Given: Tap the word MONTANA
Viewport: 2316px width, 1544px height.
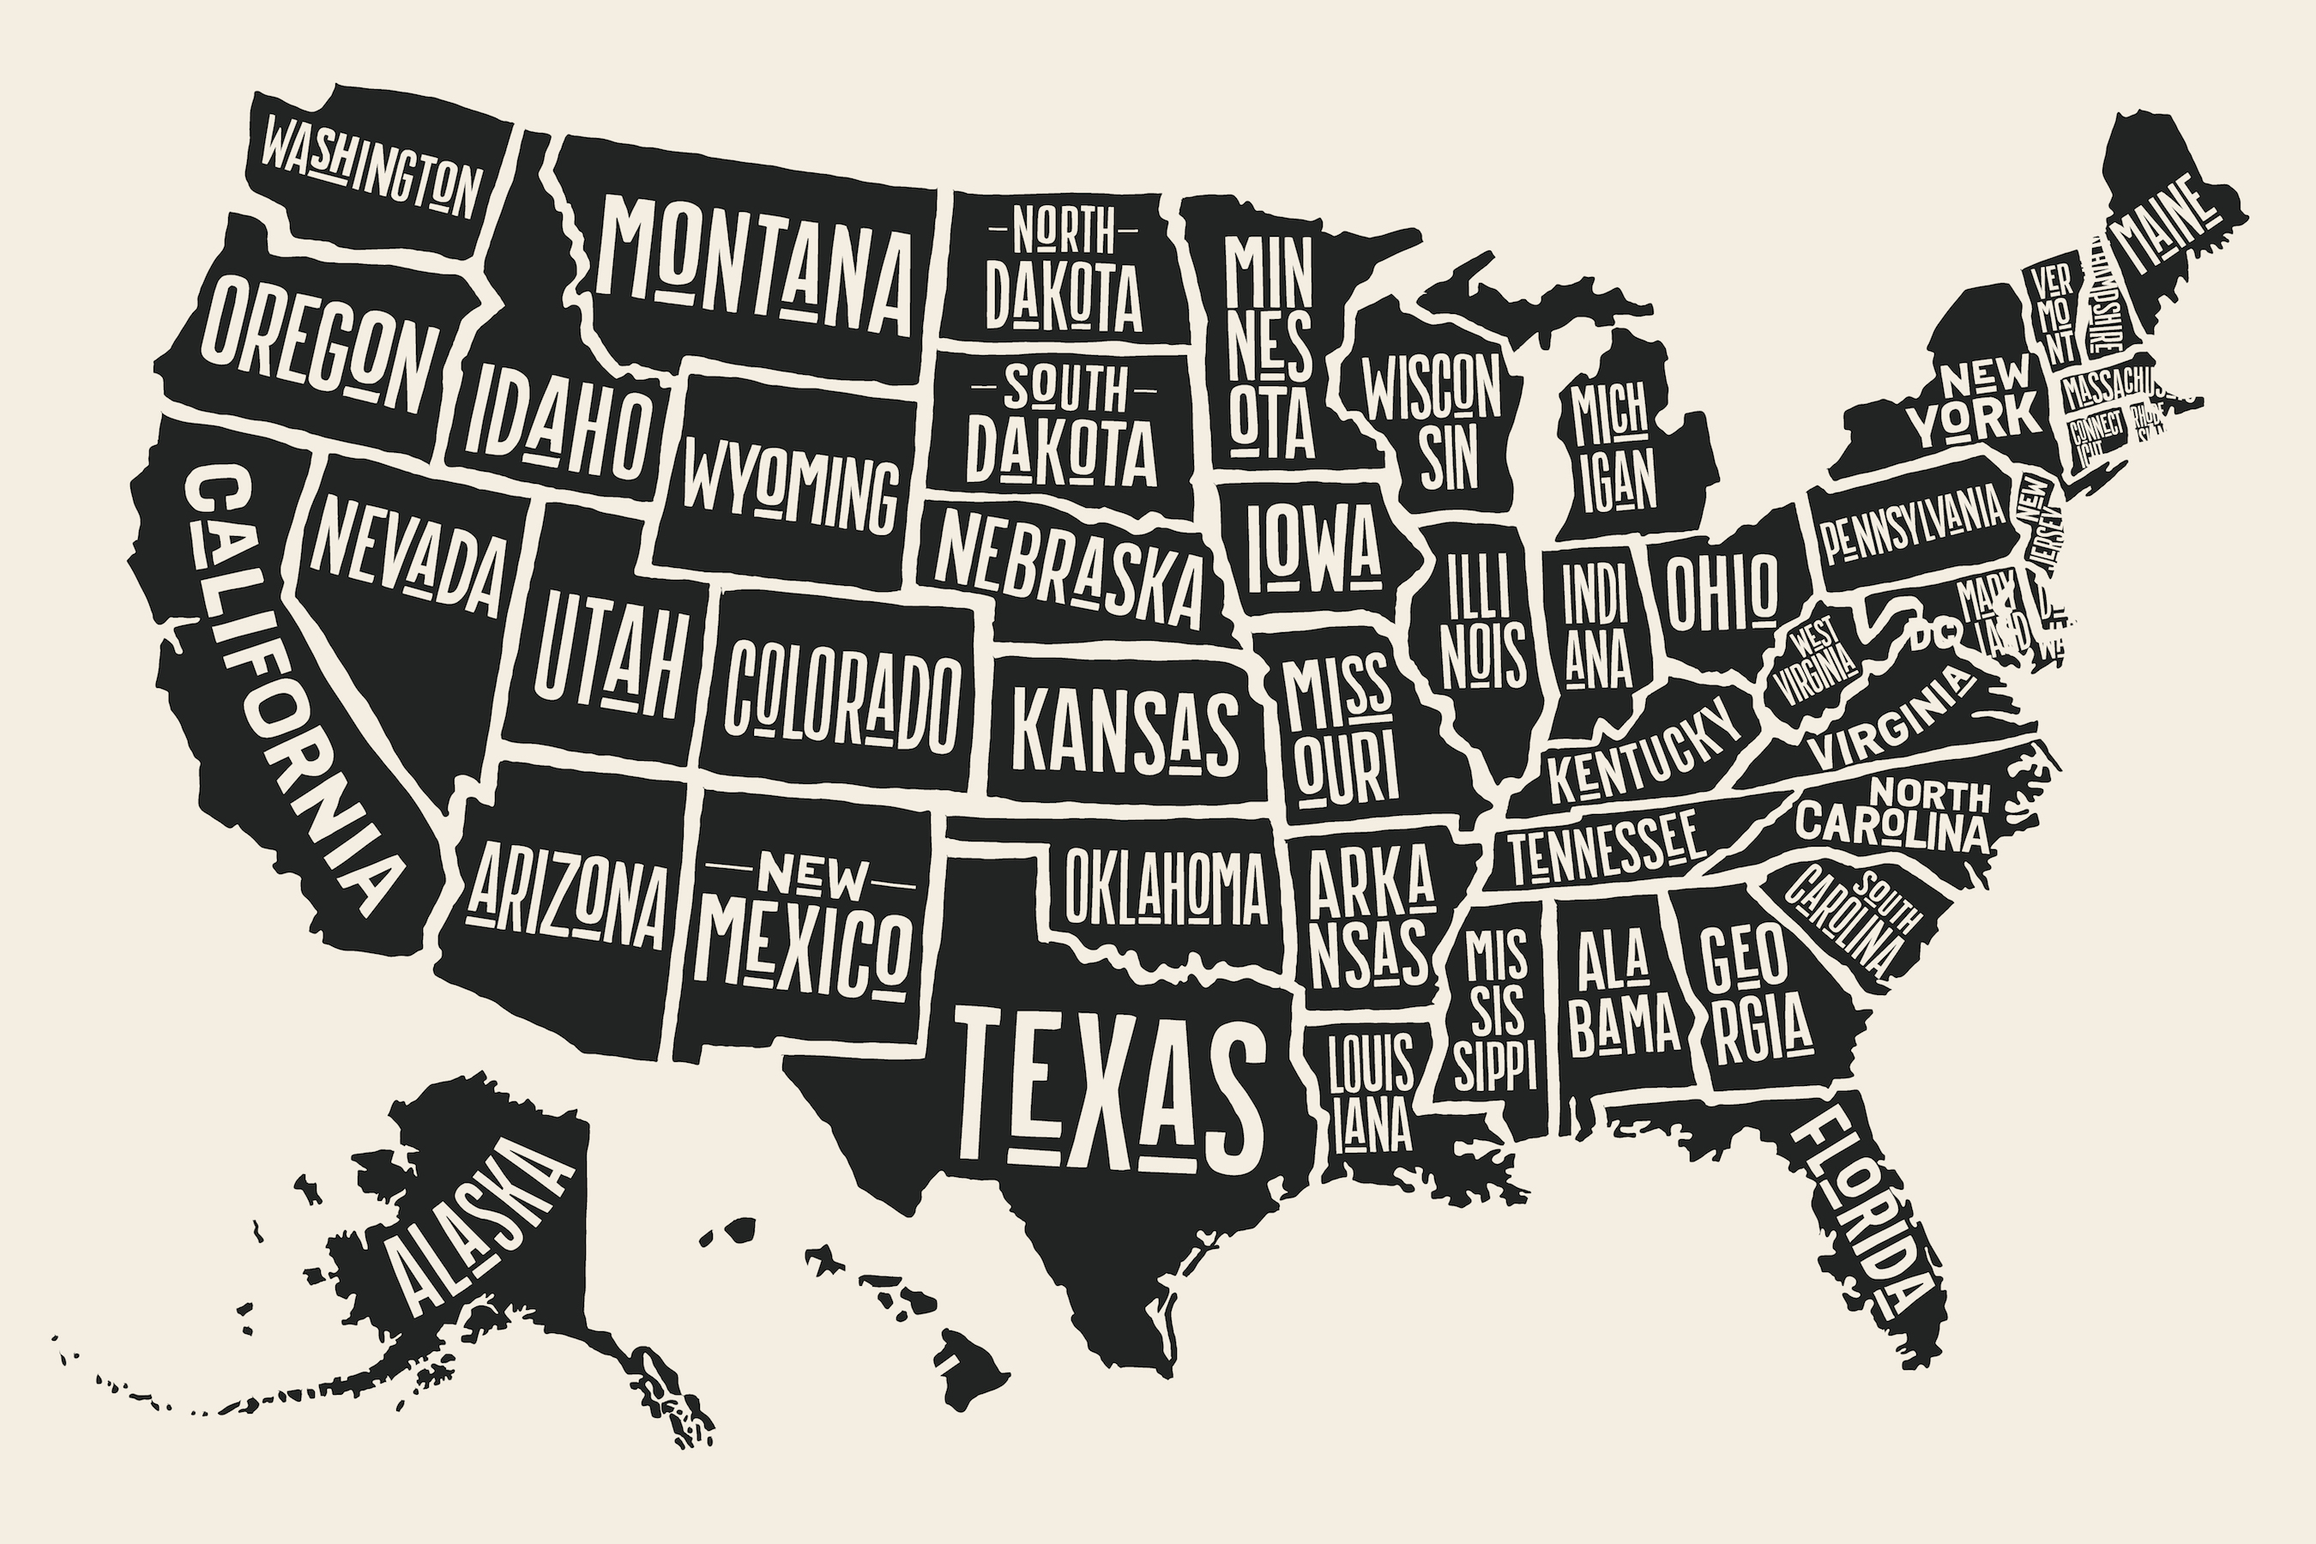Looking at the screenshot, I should (x=757, y=266).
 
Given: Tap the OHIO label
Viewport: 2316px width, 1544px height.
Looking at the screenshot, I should (x=1722, y=591).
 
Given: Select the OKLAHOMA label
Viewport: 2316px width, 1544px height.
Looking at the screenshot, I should (x=1165, y=885).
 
